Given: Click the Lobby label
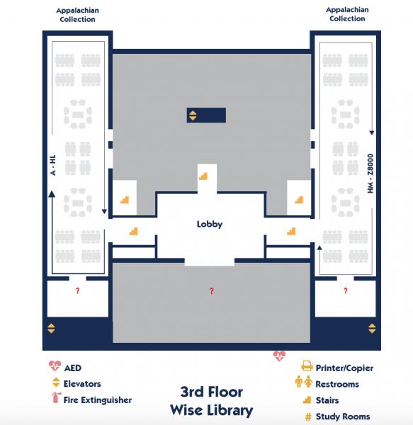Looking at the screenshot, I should pyautogui.click(x=210, y=225).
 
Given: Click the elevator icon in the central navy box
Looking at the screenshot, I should pyautogui.click(x=193, y=115).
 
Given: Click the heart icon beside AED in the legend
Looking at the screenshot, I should pyautogui.click(x=55, y=367).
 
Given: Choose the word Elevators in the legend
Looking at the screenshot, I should pyautogui.click(x=82, y=384).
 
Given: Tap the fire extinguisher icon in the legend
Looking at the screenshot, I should pyautogui.click(x=55, y=399).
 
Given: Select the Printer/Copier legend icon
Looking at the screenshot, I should pyautogui.click(x=307, y=367).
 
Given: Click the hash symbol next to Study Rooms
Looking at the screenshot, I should pyautogui.click(x=308, y=416).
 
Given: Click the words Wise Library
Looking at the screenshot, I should pyautogui.click(x=211, y=410).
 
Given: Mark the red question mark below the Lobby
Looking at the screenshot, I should pyautogui.click(x=210, y=291).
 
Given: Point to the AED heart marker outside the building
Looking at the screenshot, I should pyautogui.click(x=279, y=356).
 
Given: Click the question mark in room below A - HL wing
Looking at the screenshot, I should pyautogui.click(x=77, y=291).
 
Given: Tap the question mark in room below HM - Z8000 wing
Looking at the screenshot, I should pyautogui.click(x=346, y=291).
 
